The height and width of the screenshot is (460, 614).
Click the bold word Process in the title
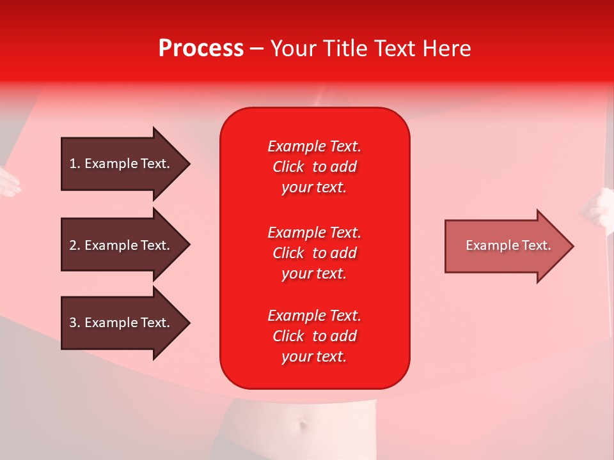[201, 49]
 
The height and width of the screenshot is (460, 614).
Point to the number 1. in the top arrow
[75, 164]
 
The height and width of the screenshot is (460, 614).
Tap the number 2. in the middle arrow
[75, 245]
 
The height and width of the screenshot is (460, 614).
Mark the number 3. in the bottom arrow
[75, 323]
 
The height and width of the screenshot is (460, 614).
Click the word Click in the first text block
[288, 167]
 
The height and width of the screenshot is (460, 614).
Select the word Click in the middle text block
[288, 253]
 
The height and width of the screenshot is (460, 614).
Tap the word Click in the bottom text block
[288, 336]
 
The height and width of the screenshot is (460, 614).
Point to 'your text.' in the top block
[314, 187]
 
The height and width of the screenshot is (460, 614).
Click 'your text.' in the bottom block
[314, 356]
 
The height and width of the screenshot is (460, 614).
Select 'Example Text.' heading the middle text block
[314, 233]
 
